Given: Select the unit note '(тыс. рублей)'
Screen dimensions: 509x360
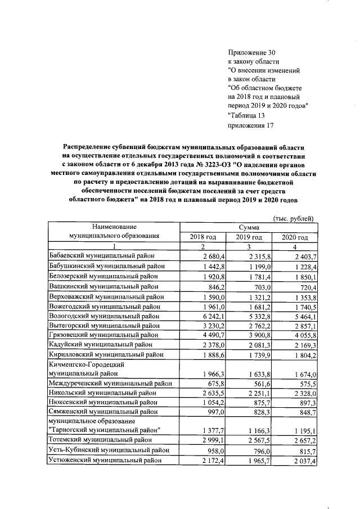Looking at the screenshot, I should pos(293,218).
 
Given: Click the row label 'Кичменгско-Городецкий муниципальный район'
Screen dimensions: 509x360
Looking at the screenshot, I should pos(85,369).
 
